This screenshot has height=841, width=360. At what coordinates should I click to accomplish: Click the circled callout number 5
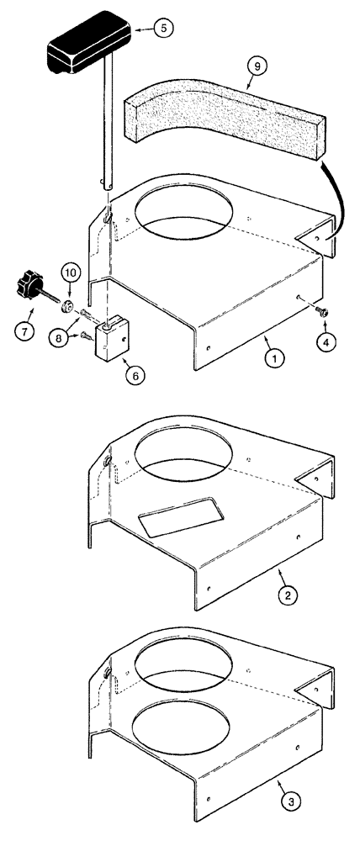163,28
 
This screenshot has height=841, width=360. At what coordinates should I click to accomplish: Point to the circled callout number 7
26,331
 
